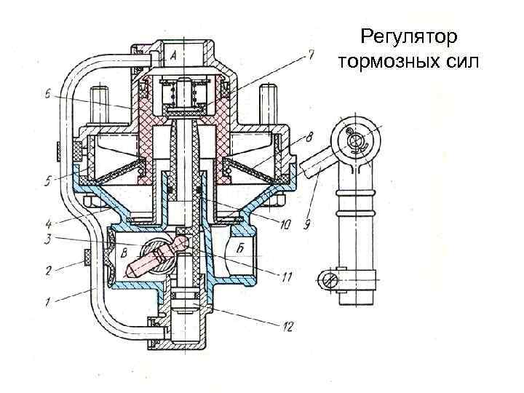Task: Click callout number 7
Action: (311, 53)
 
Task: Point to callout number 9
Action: (309, 225)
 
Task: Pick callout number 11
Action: (287, 276)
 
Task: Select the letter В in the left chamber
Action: (124, 254)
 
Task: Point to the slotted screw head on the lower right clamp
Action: (329, 278)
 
